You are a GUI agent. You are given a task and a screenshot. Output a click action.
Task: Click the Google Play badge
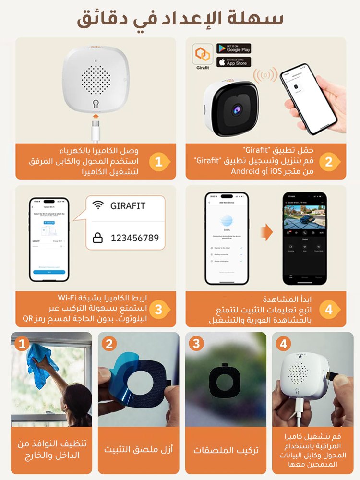[234, 48]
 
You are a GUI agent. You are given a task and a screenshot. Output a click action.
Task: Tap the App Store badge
[234, 62]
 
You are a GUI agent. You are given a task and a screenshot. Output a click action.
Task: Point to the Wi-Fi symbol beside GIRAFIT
[98, 205]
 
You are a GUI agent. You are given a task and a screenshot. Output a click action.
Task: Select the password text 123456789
[134, 238]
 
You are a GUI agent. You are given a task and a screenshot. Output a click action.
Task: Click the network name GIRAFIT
[128, 205]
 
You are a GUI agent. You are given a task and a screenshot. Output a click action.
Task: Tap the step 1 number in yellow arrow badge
[159, 162]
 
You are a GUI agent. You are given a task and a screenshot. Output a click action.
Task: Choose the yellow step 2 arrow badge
[329, 162]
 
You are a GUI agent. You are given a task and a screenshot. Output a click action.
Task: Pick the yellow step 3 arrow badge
[159, 309]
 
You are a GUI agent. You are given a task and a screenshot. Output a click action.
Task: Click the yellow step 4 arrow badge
[329, 309]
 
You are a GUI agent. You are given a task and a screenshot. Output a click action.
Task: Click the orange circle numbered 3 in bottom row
[196, 343]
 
